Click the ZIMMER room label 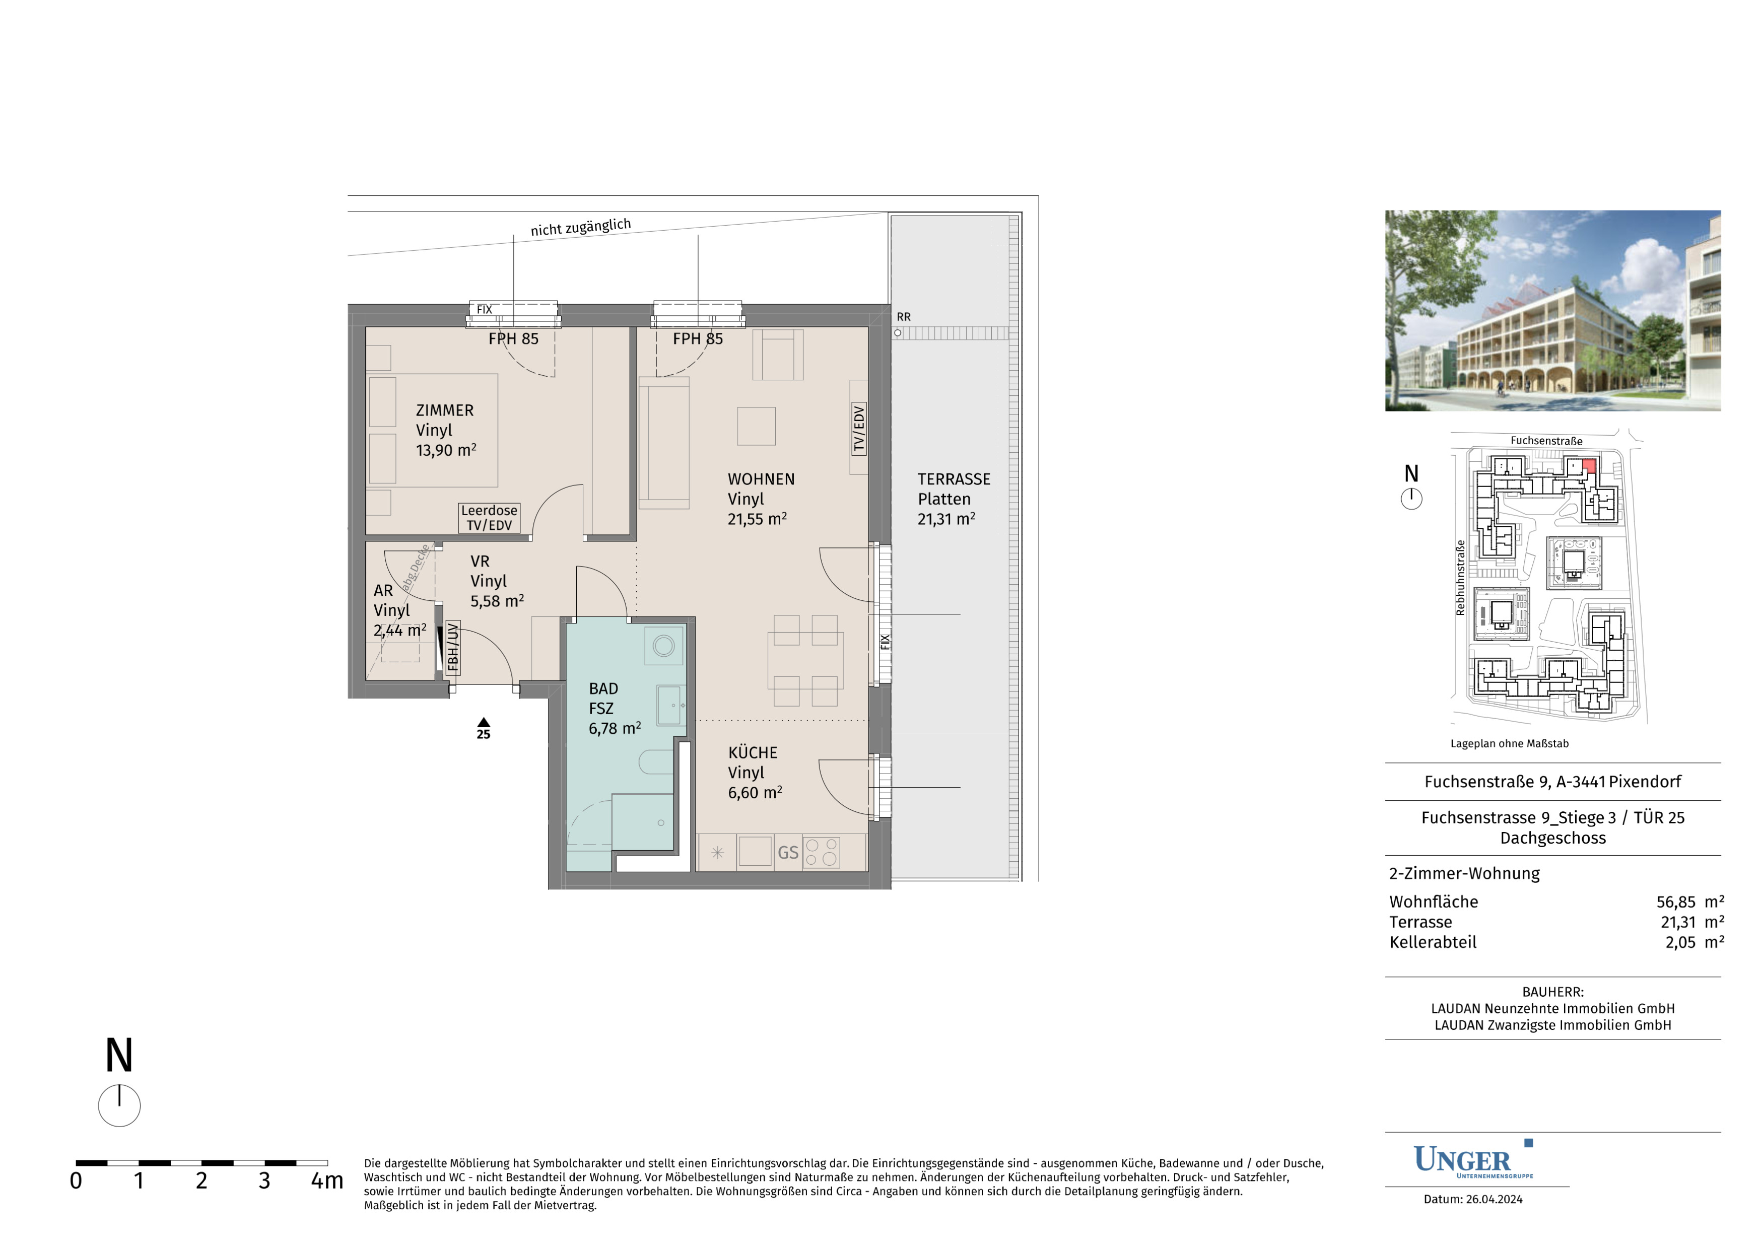click(x=445, y=411)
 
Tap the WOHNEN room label click(x=761, y=479)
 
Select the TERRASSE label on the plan click(x=954, y=479)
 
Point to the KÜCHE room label click(x=753, y=752)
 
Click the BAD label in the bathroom click(x=603, y=688)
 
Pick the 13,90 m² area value click(x=446, y=451)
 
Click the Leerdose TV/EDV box click(x=489, y=517)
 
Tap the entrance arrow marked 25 click(x=483, y=722)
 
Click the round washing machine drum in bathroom click(x=663, y=645)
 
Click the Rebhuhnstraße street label click(x=1460, y=577)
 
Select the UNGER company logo click(x=1473, y=1160)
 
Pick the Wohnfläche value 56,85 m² click(x=1690, y=902)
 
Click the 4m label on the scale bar click(x=326, y=1181)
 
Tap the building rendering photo click(x=1552, y=311)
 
